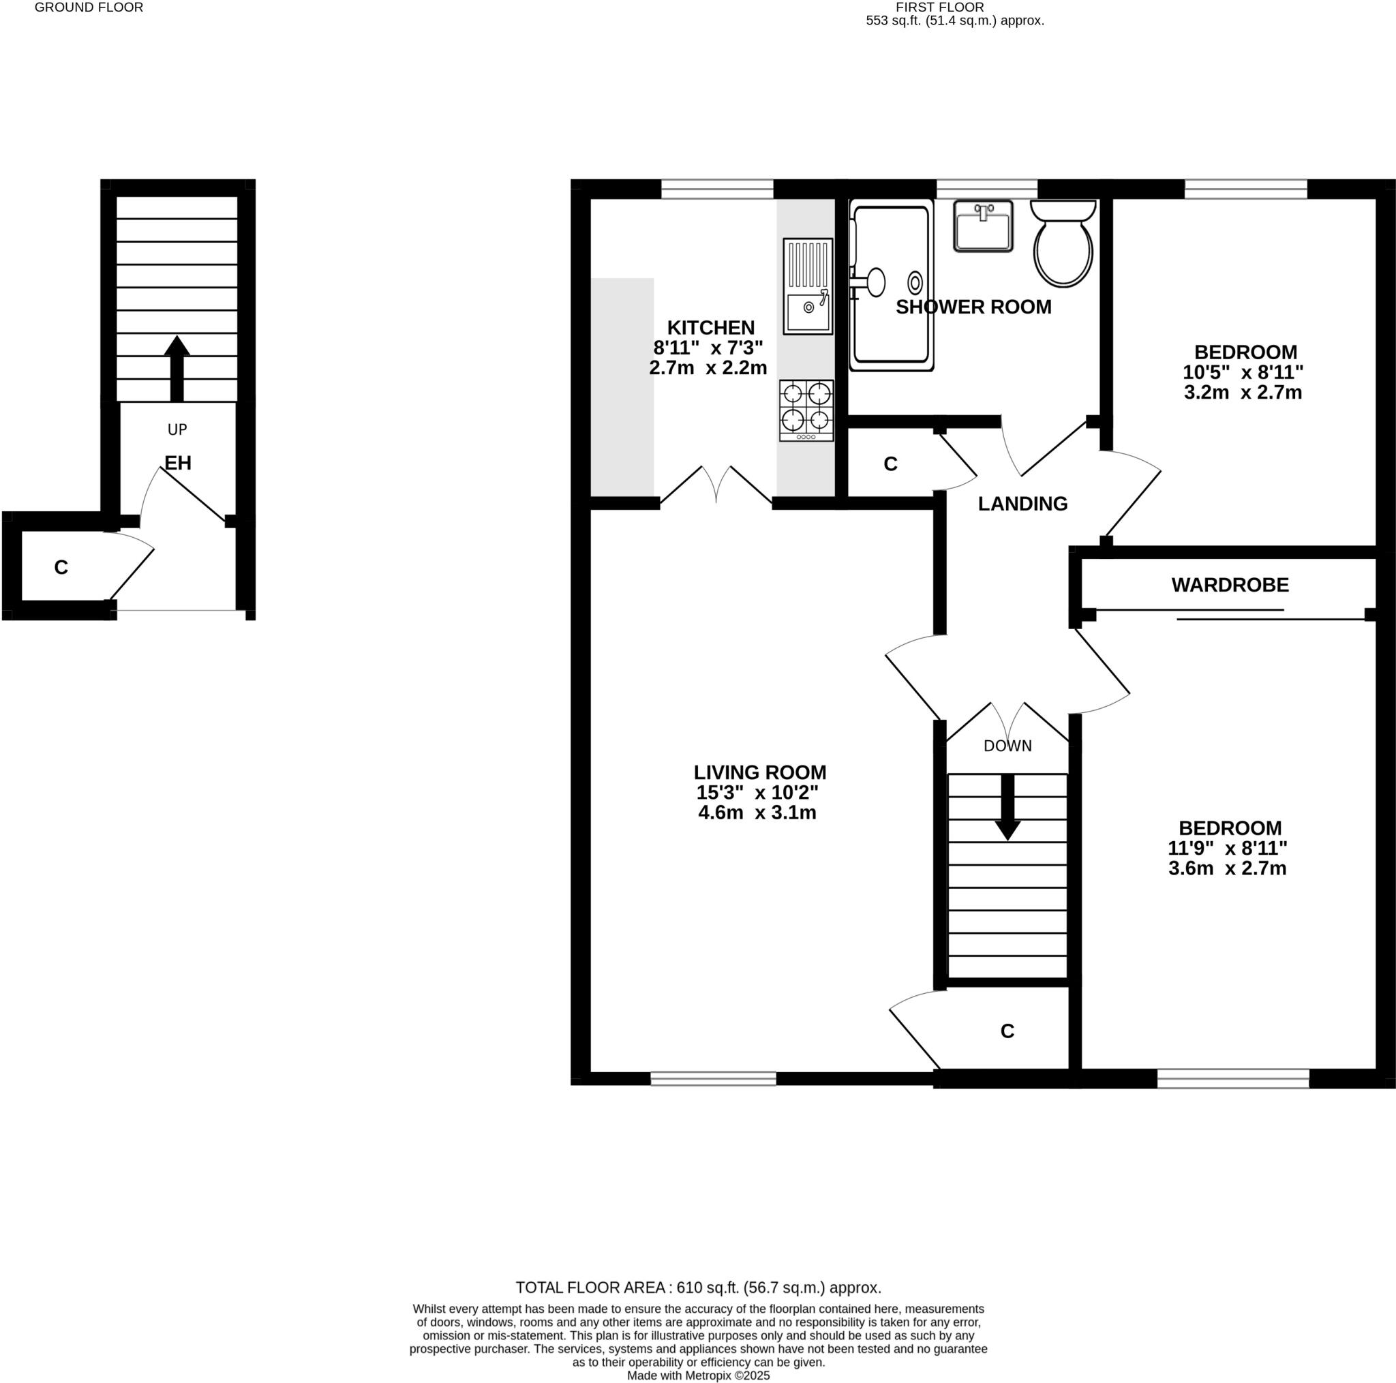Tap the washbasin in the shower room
tap(983, 226)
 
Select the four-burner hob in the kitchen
tap(806, 410)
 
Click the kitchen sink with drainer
tap(808, 286)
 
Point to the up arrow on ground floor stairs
tap(177, 368)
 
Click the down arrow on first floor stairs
tap(1007, 807)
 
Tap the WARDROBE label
tap(1230, 585)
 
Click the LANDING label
tap(1022, 504)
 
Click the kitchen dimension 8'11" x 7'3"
tap(708, 348)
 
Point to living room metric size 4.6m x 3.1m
tap(757, 813)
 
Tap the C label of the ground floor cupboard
tap(61, 568)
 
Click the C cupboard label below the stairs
tap(1007, 1032)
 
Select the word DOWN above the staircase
tap(1007, 746)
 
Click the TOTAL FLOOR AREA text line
tap(698, 1288)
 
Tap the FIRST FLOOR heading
tap(939, 7)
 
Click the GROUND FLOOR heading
tap(89, 7)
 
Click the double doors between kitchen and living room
tap(716, 485)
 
